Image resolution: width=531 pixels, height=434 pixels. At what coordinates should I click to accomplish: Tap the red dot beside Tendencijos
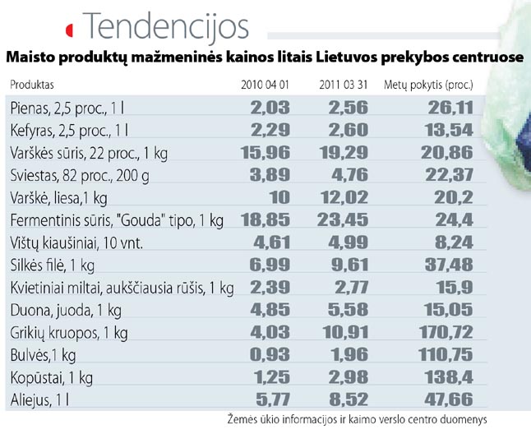[70, 30]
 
